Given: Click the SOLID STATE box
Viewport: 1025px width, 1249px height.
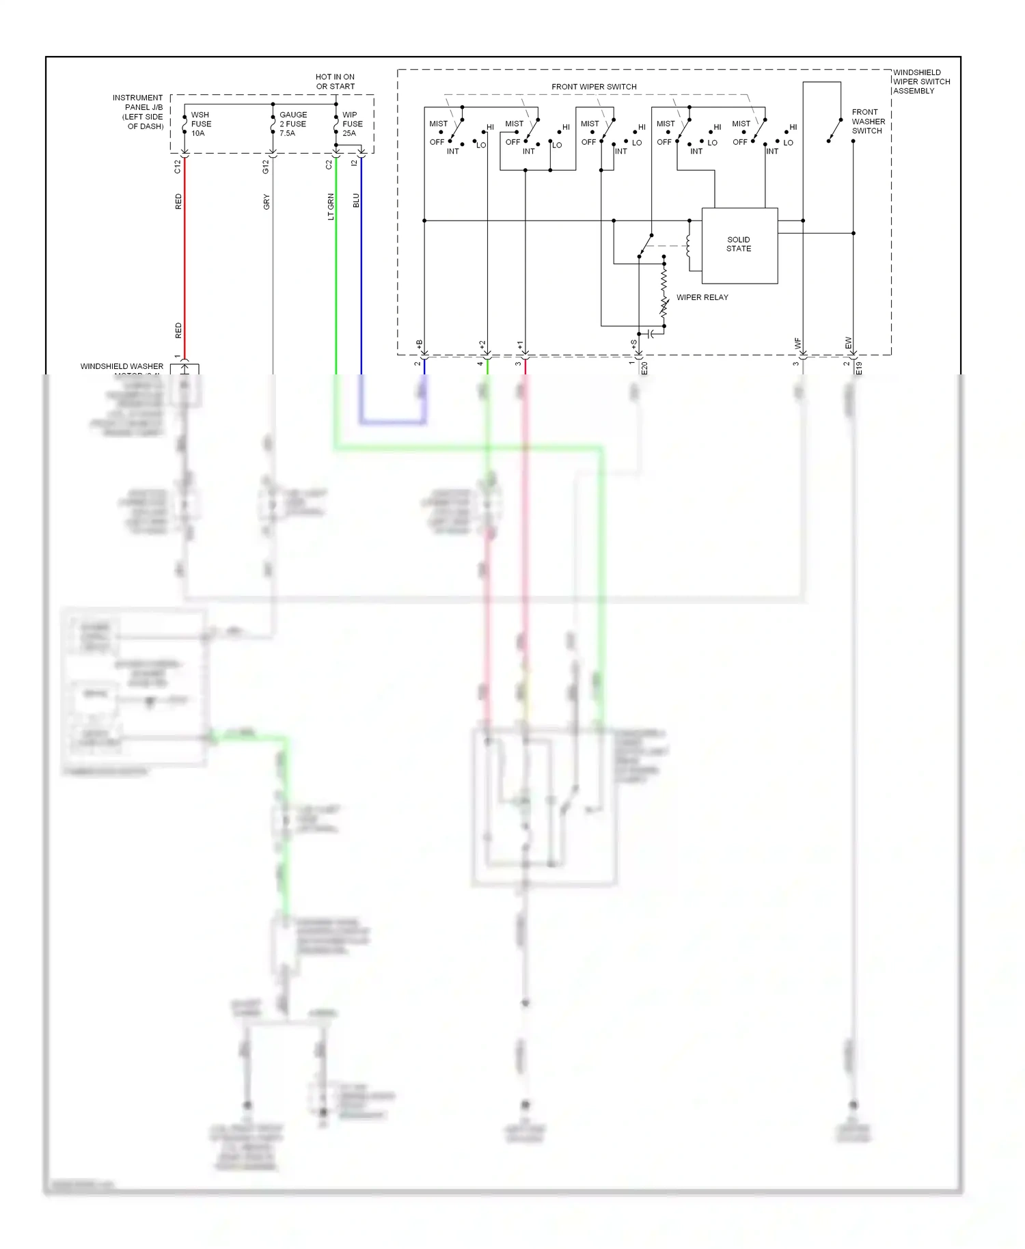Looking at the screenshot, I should tap(739, 245).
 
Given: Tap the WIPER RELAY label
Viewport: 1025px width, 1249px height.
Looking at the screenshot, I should tap(702, 297).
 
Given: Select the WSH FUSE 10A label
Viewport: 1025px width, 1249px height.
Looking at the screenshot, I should tap(201, 124).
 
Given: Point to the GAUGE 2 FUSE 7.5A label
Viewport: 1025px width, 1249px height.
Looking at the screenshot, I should tap(292, 124).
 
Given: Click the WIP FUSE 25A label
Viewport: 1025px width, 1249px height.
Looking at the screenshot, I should tap(352, 124).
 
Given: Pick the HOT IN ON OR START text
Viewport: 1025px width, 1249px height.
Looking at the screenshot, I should tap(335, 81).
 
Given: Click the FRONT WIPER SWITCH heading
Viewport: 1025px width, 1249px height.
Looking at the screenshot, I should tap(594, 87).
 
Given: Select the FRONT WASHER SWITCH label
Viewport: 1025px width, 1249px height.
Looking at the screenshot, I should tap(868, 121).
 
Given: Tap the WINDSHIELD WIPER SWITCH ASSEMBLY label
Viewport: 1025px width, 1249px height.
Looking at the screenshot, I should tap(920, 81).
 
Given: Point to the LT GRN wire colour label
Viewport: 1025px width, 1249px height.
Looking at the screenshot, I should tap(331, 206).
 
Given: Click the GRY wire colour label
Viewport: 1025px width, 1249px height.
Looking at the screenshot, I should tap(266, 202).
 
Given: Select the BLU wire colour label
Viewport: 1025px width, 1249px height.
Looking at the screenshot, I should tap(356, 200).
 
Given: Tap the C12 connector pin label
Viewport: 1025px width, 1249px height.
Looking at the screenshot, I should tap(178, 166).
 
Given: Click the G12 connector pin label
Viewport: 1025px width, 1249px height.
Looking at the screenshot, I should tap(266, 166).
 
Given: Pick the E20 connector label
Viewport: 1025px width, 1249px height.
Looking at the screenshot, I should tap(644, 368).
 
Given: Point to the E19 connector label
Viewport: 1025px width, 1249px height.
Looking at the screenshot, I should tap(859, 368).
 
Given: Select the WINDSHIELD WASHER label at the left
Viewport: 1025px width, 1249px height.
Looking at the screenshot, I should tap(122, 367).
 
